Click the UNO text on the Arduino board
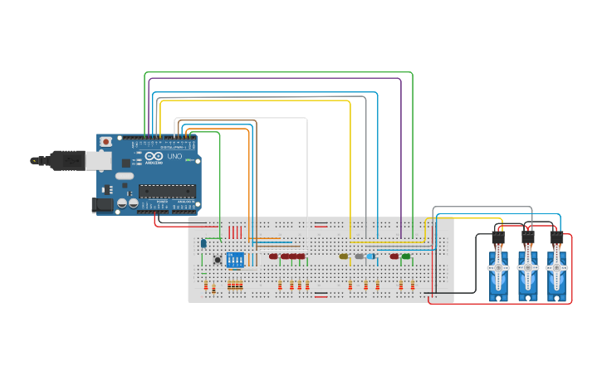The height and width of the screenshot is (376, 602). coord(174,156)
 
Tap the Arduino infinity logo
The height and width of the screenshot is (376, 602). coord(154,156)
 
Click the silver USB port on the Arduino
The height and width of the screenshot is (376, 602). coord(98,160)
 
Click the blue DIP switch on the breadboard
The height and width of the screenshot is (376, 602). coord(236,260)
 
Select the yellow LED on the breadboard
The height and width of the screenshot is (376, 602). coord(344,256)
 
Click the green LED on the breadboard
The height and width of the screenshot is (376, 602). coord(406,256)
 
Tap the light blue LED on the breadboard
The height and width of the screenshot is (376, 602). coord(370,256)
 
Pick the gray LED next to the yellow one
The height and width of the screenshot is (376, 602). coord(359,256)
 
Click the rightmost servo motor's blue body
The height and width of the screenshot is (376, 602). coord(556,282)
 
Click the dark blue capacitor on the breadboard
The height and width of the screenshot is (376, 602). coord(203,243)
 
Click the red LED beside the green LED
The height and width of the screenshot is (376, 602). coord(394,256)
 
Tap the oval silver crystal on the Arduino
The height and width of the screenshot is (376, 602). coord(124,176)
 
